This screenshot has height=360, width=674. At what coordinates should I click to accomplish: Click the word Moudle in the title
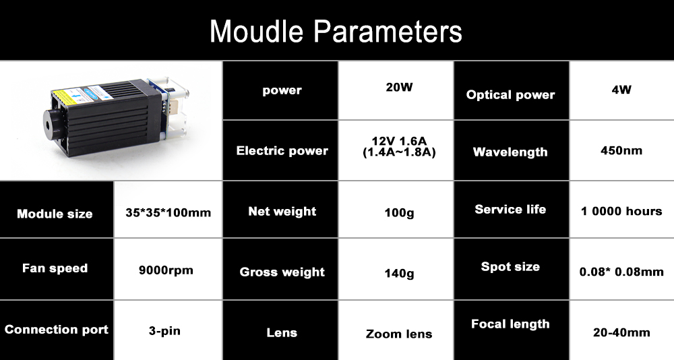(256, 31)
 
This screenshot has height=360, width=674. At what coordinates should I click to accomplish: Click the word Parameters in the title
(388, 31)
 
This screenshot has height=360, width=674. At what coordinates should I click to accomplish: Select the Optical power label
(510, 95)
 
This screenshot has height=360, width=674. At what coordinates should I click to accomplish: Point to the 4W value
(621, 90)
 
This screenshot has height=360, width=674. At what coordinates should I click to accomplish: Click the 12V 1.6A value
(399, 141)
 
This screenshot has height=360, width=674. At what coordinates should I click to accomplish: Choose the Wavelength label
(510, 152)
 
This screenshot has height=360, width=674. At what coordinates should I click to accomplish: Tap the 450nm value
(621, 150)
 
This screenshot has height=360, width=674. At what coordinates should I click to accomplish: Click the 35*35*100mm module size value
(168, 213)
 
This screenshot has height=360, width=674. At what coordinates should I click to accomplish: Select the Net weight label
(282, 212)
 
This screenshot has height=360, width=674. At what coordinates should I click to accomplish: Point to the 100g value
(399, 213)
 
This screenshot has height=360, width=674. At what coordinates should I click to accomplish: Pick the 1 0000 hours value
(621, 211)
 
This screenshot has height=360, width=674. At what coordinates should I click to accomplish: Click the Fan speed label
(55, 268)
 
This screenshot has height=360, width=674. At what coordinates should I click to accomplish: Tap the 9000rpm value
(166, 271)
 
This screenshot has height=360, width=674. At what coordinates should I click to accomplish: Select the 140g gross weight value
(399, 274)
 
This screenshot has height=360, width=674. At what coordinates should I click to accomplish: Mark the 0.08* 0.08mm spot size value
(621, 272)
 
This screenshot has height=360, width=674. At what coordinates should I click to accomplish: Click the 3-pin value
(164, 331)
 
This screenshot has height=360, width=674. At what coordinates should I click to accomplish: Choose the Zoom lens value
(399, 334)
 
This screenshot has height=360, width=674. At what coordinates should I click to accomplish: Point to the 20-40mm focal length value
(621, 332)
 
